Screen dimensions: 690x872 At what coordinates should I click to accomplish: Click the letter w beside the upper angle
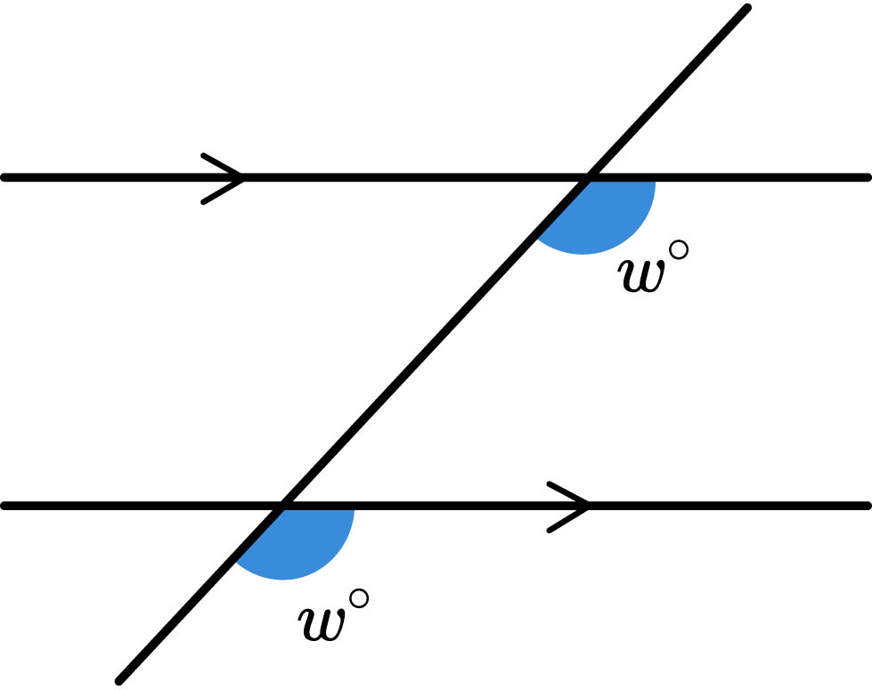click(641, 275)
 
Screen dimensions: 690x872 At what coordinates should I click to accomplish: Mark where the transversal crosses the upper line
click(587, 178)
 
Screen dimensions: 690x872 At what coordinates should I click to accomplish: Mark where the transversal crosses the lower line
click(283, 507)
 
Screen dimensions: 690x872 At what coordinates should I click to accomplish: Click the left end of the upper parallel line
click(5, 178)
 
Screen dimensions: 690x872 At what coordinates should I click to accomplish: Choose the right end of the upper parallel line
click(866, 178)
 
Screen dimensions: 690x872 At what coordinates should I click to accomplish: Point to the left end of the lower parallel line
click(5, 507)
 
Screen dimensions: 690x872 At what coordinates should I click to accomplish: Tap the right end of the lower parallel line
click(866, 507)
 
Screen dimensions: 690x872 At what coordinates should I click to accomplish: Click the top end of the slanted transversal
click(746, 9)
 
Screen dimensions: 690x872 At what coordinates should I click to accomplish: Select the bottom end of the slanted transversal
click(119, 681)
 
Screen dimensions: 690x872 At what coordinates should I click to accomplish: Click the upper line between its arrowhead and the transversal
click(410, 178)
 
